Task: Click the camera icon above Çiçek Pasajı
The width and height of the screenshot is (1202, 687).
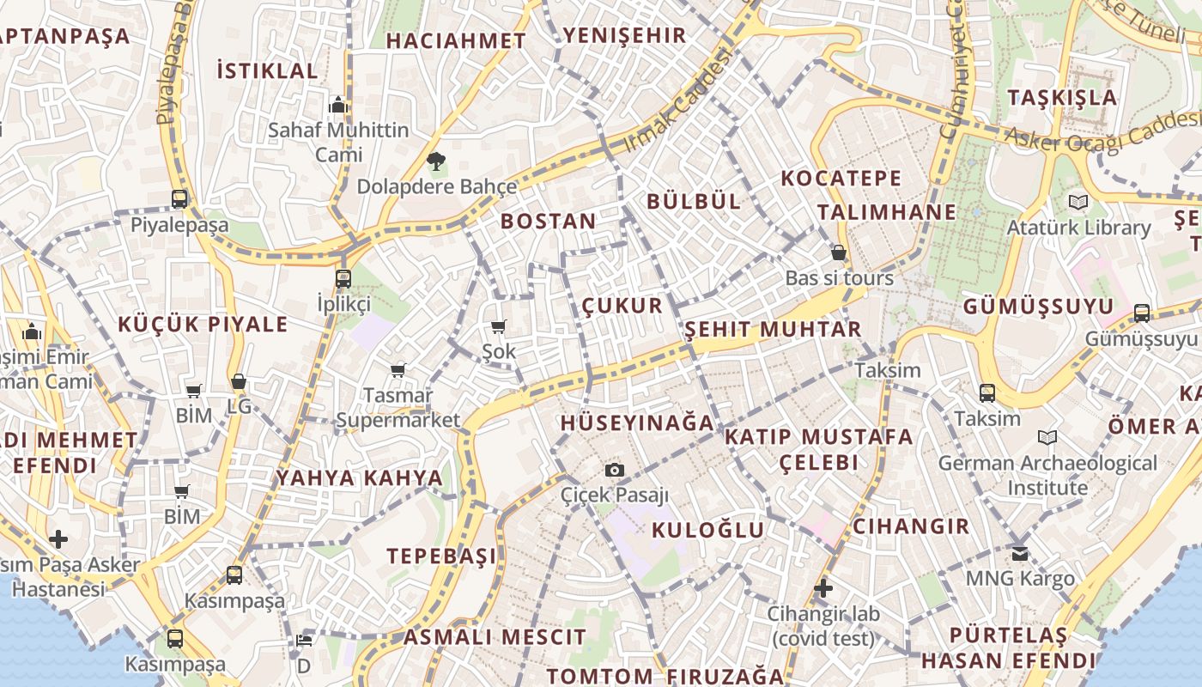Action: click(x=614, y=470)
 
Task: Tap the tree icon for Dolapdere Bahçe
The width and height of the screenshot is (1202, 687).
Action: click(x=436, y=161)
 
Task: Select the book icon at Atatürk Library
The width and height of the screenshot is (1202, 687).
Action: click(x=1078, y=203)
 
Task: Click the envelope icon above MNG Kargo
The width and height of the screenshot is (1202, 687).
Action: click(x=1020, y=553)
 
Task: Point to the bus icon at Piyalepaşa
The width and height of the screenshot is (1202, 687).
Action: click(x=179, y=199)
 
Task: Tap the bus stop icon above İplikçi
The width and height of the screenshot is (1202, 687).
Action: click(x=343, y=278)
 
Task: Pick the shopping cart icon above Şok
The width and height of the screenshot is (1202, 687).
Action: click(x=498, y=326)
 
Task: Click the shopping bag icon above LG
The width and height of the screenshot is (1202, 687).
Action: click(x=239, y=381)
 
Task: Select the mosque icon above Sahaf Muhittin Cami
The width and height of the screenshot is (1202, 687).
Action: click(x=338, y=105)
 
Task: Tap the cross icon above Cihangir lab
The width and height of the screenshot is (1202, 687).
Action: click(x=823, y=588)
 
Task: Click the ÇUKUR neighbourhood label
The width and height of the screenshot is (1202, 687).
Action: click(x=622, y=306)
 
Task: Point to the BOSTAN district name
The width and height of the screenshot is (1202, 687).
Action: click(x=548, y=222)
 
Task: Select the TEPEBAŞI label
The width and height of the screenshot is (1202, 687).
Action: click(x=441, y=556)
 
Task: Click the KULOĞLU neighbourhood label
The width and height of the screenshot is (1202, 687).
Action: click(x=707, y=530)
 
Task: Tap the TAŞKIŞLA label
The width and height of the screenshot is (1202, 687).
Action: click(x=1063, y=97)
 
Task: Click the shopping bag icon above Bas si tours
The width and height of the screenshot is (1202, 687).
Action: click(x=839, y=252)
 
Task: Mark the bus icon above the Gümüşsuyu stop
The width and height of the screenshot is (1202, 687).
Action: click(x=1142, y=313)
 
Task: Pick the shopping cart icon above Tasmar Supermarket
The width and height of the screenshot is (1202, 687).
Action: click(x=398, y=371)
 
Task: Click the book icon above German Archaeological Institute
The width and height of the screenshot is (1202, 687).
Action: click(x=1047, y=438)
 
